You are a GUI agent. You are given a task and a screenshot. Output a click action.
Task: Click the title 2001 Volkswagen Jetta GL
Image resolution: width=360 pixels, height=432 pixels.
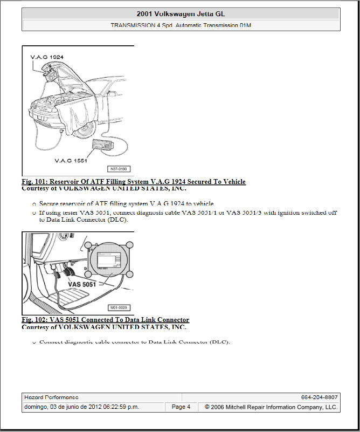coord(181,14)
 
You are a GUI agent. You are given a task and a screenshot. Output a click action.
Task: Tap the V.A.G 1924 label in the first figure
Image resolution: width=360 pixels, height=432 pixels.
coord(47,56)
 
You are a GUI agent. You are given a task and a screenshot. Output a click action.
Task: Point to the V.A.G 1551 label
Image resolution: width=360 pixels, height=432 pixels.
coord(70,160)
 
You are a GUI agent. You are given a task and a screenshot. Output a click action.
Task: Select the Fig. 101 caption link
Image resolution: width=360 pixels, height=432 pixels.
coord(134,182)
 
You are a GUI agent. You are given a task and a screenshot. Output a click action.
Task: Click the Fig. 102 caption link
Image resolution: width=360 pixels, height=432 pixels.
coord(105,320)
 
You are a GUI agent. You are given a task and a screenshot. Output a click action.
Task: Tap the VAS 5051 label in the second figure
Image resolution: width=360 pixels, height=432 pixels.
coord(82,284)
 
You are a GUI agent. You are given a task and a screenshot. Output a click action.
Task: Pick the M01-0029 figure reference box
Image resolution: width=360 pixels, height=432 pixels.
coord(120,307)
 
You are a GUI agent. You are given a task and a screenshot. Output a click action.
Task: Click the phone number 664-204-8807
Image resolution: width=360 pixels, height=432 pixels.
coord(319,397)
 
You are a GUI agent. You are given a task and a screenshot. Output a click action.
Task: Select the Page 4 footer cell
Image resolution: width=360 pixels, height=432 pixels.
coord(181,407)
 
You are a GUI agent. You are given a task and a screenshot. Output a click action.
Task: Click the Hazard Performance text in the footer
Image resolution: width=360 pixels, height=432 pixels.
coord(48,397)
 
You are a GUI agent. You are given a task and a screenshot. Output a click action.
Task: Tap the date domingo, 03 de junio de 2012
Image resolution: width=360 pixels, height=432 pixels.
coord(81,407)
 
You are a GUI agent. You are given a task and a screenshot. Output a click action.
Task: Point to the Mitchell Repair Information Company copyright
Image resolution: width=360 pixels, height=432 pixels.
coord(271,407)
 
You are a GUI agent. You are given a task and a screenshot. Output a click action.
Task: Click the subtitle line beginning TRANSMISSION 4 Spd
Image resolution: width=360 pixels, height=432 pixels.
coord(181,25)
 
